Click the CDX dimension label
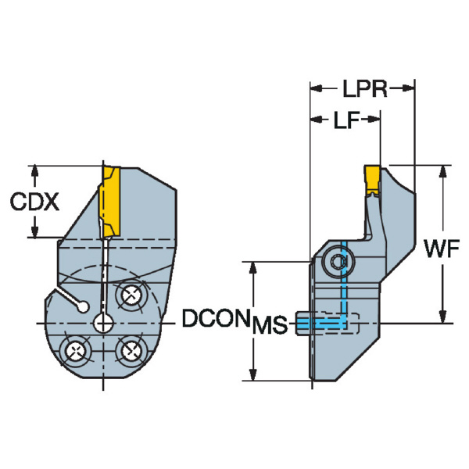[34, 202]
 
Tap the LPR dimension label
[364, 88]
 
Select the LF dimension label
[346, 121]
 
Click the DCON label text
[215, 318]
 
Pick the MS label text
[271, 324]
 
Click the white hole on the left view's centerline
[102, 322]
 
